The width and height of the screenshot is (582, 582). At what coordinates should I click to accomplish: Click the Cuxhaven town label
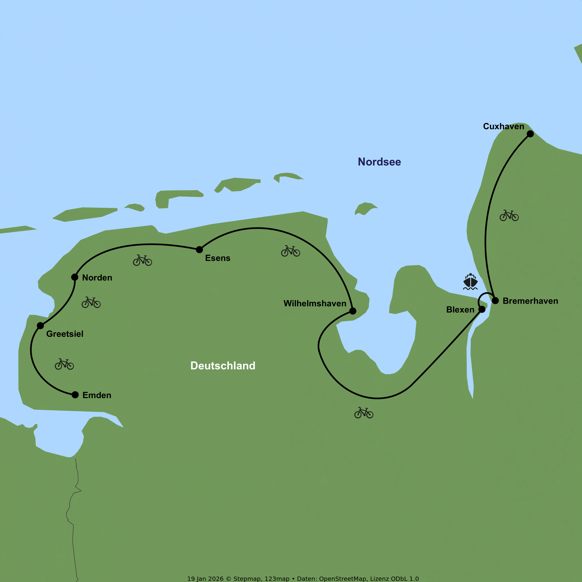[x=503, y=126]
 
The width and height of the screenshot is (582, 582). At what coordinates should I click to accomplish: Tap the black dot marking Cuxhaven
[x=530, y=134]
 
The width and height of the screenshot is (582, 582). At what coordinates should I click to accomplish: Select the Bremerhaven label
[x=530, y=301]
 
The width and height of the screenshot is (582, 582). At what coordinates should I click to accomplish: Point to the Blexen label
[x=460, y=310]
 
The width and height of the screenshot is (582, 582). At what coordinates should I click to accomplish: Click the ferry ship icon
[x=470, y=282]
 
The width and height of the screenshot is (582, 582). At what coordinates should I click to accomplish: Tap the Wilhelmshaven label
[x=315, y=303]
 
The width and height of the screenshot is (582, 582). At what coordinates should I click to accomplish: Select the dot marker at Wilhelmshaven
[x=353, y=311]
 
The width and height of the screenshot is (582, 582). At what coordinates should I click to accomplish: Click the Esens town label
[x=217, y=258]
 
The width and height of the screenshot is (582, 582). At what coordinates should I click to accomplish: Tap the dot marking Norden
[x=75, y=277]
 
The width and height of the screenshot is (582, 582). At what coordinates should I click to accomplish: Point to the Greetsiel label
[x=65, y=334]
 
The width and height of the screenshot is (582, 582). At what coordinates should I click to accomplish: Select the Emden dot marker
[x=75, y=395]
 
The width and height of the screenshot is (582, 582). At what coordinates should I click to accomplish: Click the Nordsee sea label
[x=379, y=162]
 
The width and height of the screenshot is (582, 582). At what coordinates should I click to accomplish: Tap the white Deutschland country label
[x=223, y=366]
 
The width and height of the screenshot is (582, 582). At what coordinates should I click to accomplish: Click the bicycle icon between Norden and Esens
[x=142, y=260]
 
